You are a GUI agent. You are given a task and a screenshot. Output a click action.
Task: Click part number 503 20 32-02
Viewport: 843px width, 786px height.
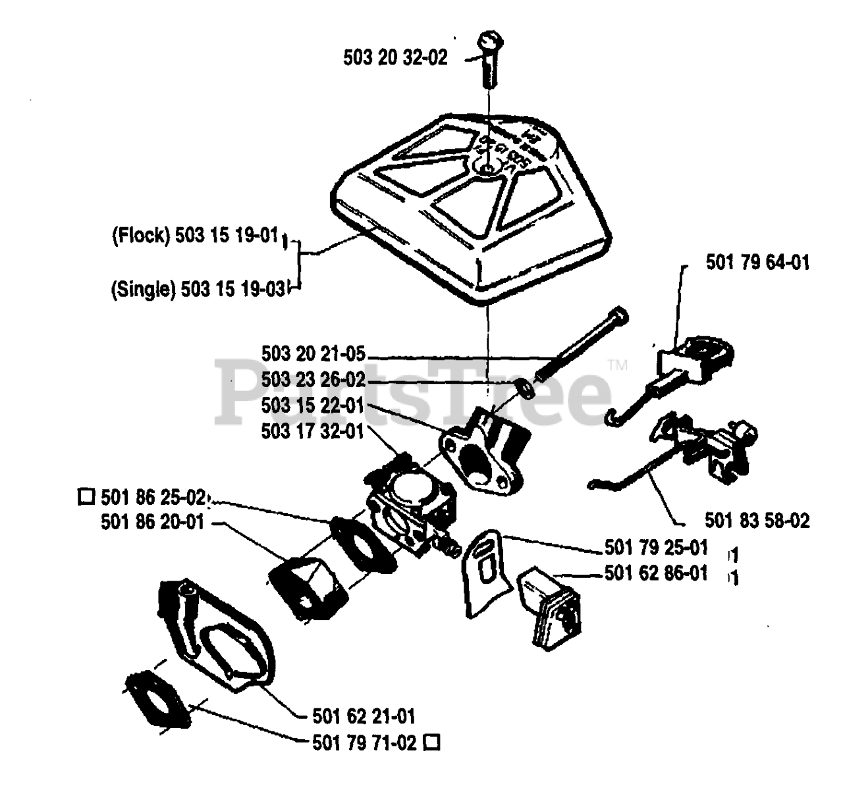pos(395,57)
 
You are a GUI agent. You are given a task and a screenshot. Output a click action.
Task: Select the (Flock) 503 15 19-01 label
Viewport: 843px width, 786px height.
pos(196,236)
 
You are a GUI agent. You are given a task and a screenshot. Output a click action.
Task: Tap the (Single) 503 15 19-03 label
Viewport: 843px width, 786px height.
pos(198,289)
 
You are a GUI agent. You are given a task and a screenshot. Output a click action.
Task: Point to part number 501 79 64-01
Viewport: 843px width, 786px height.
pos(757,263)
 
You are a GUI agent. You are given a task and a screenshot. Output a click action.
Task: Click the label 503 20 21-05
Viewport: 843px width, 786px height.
pos(313,354)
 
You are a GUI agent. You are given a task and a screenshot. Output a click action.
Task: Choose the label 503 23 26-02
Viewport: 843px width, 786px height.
pos(313,380)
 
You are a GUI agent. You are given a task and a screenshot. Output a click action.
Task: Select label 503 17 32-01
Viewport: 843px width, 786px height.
pos(313,431)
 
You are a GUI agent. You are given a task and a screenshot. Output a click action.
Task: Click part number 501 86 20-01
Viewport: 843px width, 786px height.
pos(153,522)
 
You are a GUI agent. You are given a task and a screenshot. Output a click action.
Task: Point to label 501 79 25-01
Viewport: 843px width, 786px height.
pos(656,547)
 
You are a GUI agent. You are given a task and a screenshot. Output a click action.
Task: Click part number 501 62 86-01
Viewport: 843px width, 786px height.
pos(656,573)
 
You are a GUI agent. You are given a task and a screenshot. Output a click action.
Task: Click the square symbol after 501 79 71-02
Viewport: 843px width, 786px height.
pos(432,743)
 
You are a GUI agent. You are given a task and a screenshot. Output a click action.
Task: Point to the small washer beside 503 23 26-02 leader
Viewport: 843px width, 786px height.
pos(525,389)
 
